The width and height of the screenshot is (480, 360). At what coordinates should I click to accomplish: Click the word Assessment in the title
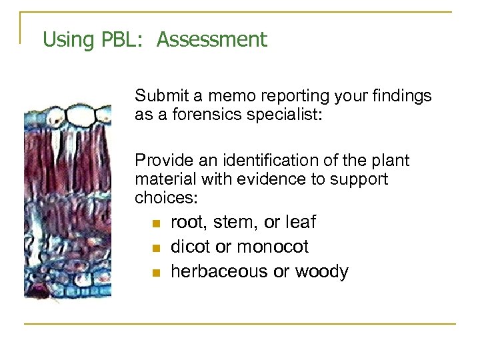pyautogui.click(x=212, y=39)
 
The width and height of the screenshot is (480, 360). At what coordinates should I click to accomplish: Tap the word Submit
pyautogui.click(x=156, y=96)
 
